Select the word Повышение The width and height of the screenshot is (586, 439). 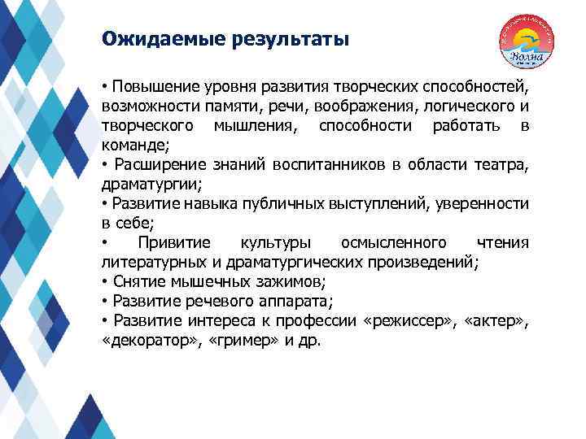click(149, 88)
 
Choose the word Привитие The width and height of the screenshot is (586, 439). click(174, 243)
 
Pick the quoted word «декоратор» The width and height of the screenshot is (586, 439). click(142, 341)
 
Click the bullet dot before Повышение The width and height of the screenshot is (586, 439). click(105, 88)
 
